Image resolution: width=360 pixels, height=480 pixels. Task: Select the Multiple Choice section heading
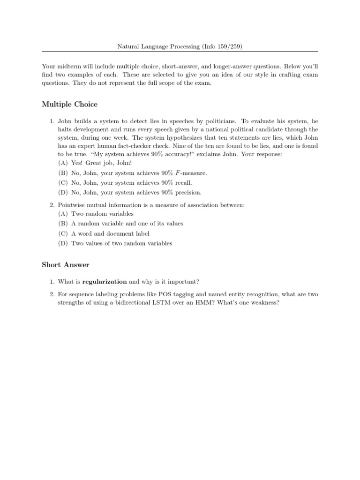point(70,104)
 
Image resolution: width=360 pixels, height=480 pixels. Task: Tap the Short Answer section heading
point(66,265)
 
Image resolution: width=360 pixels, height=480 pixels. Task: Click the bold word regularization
point(105,282)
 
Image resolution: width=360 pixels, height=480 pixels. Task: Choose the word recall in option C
point(182,183)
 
